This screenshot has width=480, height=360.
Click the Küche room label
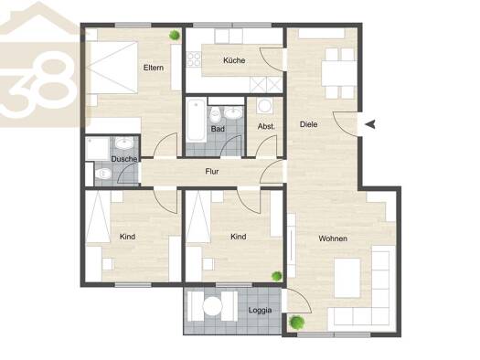(234, 60)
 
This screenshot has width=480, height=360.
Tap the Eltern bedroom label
(154, 68)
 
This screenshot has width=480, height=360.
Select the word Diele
(309, 124)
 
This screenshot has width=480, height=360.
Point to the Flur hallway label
(212, 171)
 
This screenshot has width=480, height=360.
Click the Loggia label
(260, 310)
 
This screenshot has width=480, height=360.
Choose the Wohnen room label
(333, 238)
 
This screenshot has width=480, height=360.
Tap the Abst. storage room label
(266, 126)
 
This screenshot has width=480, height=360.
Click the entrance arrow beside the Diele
(370, 124)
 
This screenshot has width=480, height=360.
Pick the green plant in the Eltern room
(175, 35)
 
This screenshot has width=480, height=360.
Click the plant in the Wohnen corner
(297, 322)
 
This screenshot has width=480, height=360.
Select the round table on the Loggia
(212, 306)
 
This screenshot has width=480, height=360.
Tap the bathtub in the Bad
(197, 121)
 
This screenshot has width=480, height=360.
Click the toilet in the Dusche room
(102, 174)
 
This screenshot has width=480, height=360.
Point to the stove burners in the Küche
(194, 59)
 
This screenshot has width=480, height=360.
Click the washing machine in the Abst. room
(265, 106)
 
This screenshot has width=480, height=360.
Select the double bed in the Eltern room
(112, 68)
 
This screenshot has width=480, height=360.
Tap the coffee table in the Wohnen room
(347, 278)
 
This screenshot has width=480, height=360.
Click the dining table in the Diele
(339, 73)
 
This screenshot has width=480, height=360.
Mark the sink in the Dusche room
(124, 143)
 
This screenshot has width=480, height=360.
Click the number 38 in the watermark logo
(38, 87)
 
